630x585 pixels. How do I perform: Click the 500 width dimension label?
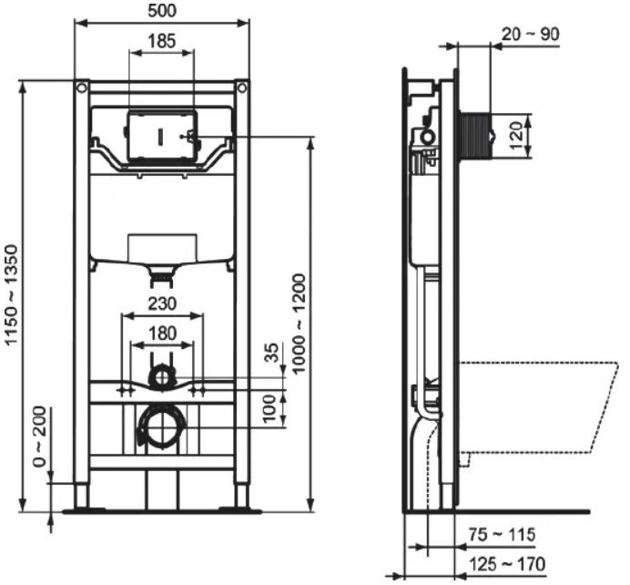[162, 11]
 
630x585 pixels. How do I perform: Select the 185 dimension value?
[162, 41]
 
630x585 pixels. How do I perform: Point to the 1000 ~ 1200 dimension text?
[300, 324]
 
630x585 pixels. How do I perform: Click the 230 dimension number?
[162, 303]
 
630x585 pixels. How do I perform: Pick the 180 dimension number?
[162, 334]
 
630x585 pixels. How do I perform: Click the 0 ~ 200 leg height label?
[40, 436]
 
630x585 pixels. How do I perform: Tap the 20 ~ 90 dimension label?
[530, 35]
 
